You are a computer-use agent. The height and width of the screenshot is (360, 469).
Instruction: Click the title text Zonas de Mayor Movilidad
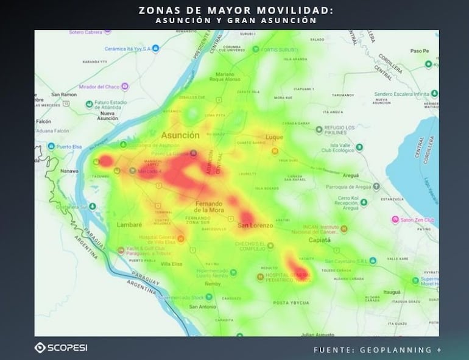[234, 10]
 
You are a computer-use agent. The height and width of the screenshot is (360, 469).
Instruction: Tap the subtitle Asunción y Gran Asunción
[234, 20]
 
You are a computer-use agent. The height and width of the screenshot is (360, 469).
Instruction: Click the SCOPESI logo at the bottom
[61, 347]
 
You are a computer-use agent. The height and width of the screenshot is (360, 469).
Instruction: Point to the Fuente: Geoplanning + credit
[378, 350]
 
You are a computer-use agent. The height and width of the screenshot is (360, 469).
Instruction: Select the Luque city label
[274, 138]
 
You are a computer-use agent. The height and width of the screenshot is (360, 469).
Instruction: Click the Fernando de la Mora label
[209, 206]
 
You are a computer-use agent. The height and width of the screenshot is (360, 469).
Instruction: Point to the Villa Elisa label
[172, 264]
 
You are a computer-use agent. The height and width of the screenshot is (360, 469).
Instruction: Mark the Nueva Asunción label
[107, 116]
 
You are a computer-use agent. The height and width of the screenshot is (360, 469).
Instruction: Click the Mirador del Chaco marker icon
[125, 86]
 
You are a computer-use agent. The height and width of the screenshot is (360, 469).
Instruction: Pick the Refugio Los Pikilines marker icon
[318, 130]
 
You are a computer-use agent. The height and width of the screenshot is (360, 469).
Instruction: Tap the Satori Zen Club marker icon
[395, 219]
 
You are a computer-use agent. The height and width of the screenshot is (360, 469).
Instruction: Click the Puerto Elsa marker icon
[51, 147]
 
